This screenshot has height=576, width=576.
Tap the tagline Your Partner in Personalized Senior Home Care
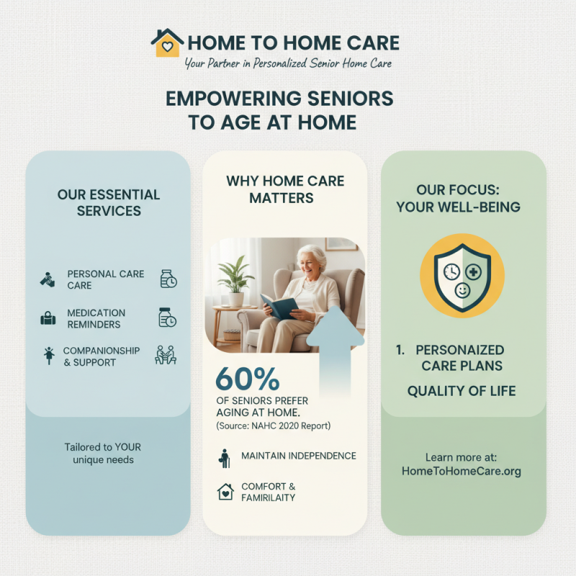click(288, 64)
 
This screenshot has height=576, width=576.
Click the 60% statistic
click(247, 379)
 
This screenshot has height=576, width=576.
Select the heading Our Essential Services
click(109, 203)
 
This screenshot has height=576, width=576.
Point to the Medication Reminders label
click(96, 318)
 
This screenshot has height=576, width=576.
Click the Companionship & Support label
click(101, 356)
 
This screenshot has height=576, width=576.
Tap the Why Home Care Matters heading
click(285, 189)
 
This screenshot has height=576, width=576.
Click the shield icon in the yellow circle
click(462, 275)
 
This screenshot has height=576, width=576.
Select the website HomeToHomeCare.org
click(462, 472)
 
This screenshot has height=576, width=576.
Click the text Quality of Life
click(462, 391)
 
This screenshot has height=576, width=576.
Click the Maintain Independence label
click(298, 456)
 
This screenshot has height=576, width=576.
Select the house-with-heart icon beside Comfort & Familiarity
click(225, 492)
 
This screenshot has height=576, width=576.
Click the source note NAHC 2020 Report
click(274, 426)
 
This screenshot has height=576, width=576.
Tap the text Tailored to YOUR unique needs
click(103, 453)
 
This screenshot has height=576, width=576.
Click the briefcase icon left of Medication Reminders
click(48, 318)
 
